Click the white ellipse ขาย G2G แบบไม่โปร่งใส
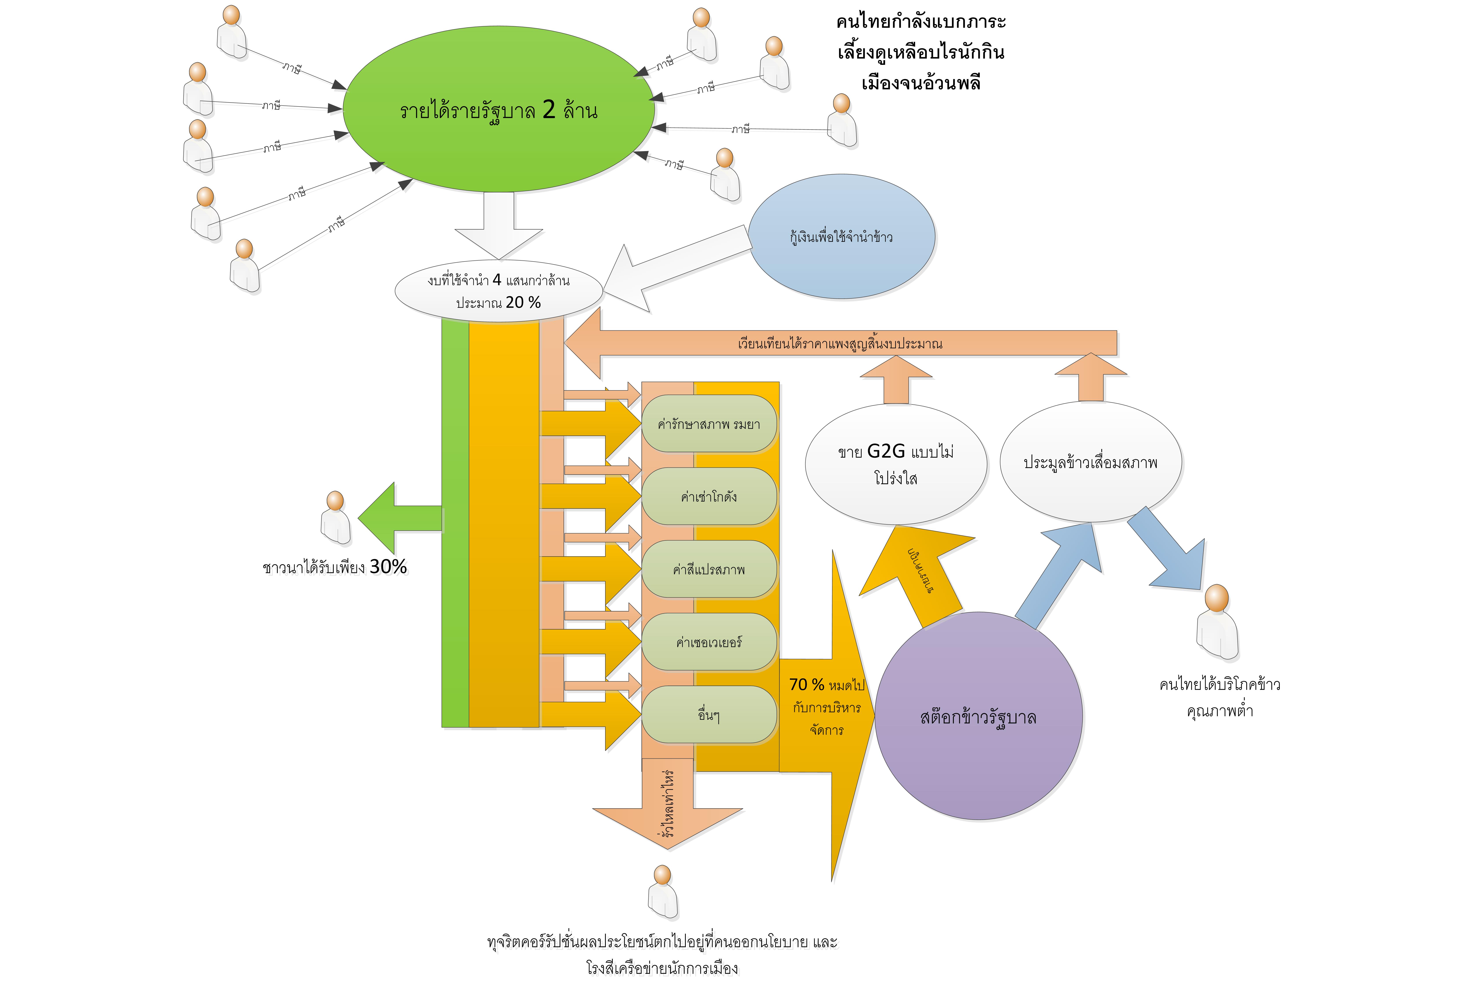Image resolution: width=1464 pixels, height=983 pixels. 896,464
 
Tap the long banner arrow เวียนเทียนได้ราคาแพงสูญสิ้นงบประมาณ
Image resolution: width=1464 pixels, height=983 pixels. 840,343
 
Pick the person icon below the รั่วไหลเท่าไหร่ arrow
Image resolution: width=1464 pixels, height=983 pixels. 663,891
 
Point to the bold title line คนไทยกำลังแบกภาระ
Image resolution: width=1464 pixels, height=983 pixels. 921,22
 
